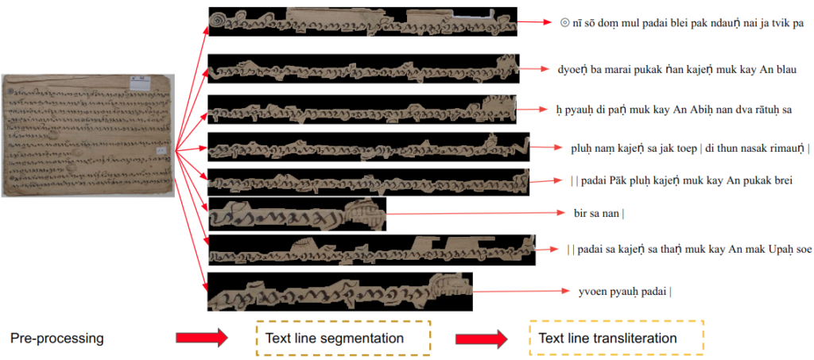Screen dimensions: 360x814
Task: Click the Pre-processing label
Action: tap(56, 339)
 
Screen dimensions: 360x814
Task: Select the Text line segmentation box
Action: tap(343, 339)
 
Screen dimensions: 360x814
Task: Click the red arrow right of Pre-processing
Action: tap(202, 339)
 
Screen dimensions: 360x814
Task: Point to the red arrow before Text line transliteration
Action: tap(481, 339)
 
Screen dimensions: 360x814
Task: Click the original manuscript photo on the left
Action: tap(87, 135)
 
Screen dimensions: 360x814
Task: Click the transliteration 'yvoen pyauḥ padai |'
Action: tap(625, 291)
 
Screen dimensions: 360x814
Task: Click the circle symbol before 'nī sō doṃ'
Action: tap(564, 23)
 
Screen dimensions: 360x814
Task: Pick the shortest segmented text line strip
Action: tap(296, 214)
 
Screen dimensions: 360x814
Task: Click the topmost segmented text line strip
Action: tap(362, 22)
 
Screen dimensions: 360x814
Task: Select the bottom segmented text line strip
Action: tap(339, 292)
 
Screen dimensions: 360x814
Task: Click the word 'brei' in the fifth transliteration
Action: tap(780, 180)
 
